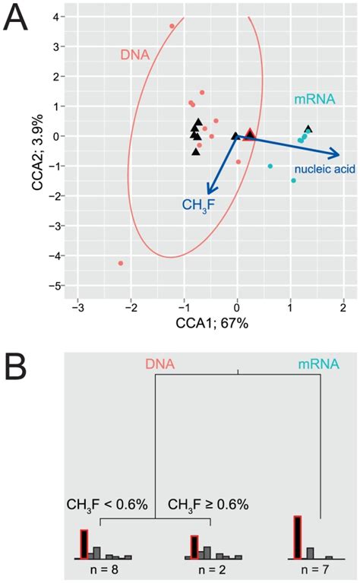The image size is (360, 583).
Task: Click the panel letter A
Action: [18, 17]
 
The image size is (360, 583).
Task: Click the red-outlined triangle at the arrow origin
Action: [250, 135]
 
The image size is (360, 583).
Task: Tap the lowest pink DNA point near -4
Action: [121, 263]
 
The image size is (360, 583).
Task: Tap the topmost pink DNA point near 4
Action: [172, 26]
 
